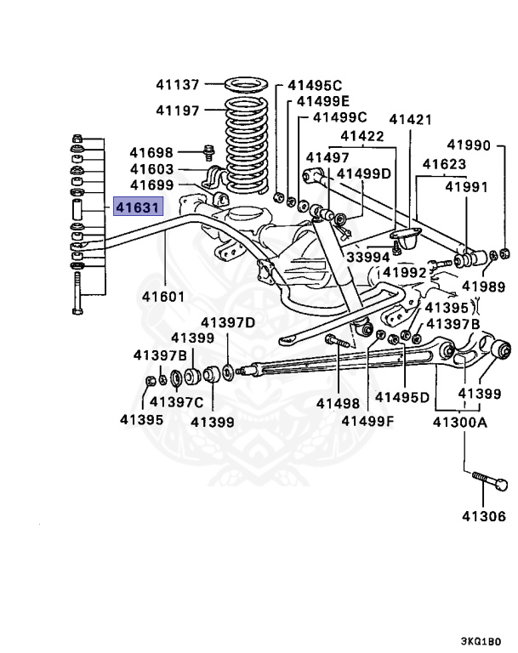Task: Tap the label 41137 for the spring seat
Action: point(178,85)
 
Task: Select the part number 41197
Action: point(178,111)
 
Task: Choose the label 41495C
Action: point(314,85)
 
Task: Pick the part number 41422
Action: point(362,136)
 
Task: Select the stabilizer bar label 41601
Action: point(163,298)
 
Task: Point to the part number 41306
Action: point(484,516)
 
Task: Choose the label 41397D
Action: point(227,322)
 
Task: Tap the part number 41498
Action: point(338,403)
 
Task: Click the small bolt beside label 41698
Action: point(208,152)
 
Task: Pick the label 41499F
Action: point(368,420)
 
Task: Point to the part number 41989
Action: point(483,287)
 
